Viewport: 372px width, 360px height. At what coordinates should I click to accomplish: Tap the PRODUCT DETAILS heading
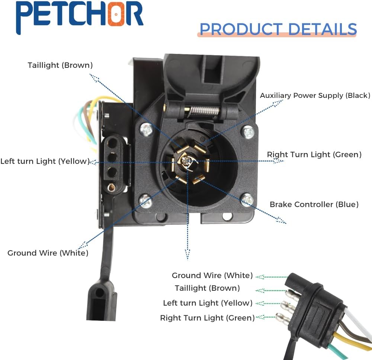(278, 29)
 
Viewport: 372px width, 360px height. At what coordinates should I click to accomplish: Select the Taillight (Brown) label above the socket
(60, 66)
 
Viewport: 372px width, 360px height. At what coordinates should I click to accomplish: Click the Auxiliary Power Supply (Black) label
(315, 95)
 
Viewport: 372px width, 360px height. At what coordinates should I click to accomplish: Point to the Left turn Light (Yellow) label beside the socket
(45, 161)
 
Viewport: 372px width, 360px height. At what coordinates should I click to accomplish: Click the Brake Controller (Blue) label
(314, 204)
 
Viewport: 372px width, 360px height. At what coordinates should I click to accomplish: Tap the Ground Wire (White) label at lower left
(48, 253)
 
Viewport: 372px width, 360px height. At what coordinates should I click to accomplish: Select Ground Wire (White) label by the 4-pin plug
(212, 275)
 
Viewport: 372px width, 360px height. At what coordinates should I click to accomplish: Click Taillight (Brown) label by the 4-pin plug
(207, 288)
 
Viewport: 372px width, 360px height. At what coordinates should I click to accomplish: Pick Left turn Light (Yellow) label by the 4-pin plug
(208, 303)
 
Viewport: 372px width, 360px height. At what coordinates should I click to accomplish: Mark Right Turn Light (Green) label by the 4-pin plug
(207, 318)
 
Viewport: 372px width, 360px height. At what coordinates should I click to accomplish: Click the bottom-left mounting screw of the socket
(145, 201)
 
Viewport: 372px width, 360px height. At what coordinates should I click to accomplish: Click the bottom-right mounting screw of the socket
(247, 200)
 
